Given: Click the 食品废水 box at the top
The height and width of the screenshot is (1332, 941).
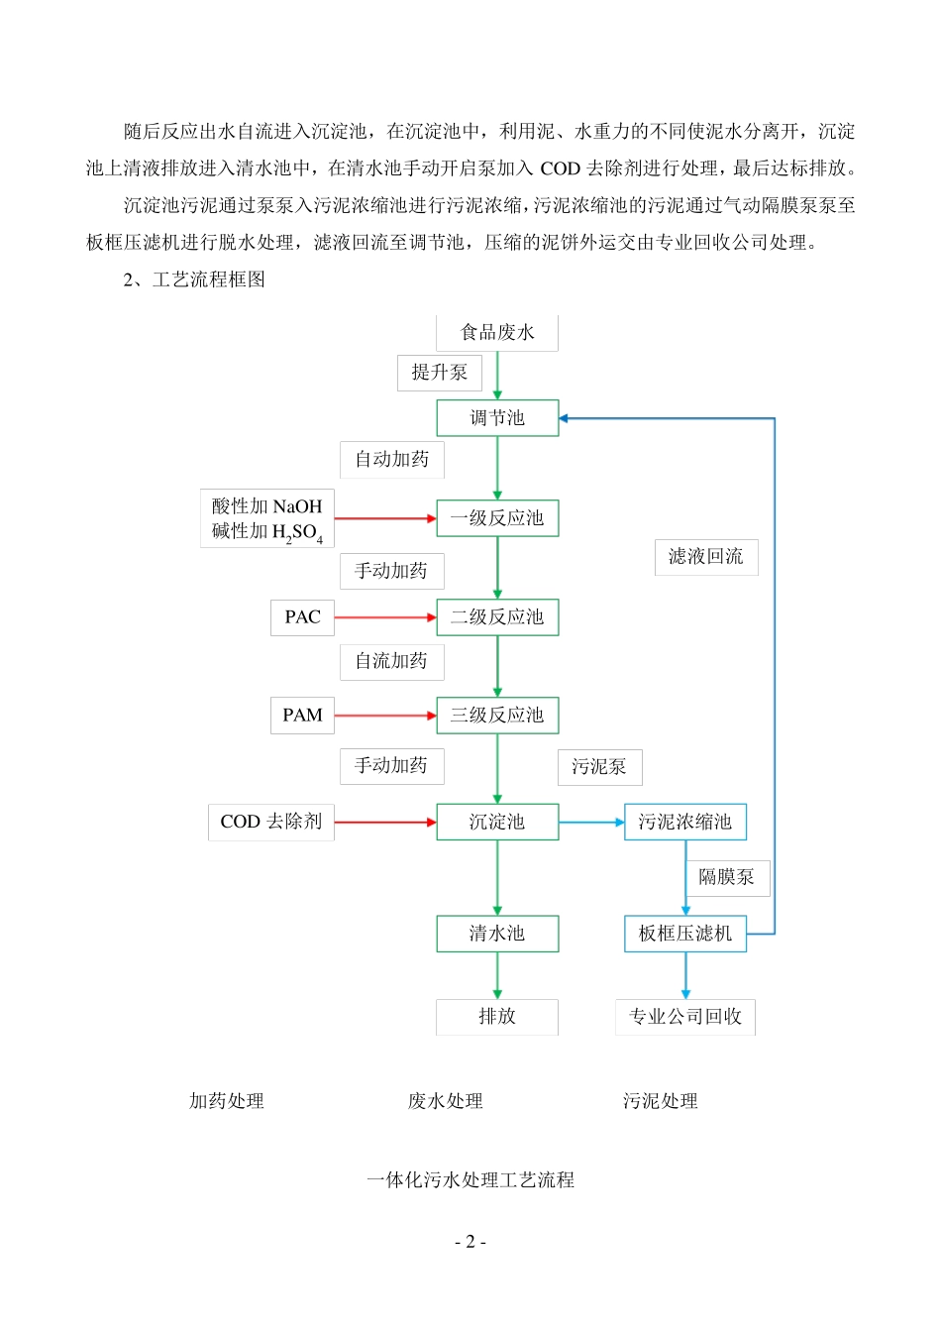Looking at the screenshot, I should coord(497,333).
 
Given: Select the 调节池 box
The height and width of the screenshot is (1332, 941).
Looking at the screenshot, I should coord(497,418).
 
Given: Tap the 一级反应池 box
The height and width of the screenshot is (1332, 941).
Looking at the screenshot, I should coord(497,518).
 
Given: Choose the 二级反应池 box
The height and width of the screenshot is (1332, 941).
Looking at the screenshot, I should coord(497,617).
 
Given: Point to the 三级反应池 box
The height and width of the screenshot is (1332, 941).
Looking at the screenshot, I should coord(497,716).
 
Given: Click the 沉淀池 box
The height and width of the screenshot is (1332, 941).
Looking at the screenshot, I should coord(497,822).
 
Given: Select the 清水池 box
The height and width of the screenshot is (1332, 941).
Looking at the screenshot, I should coord(497,934).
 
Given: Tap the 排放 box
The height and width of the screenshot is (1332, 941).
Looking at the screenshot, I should coord(497,1017).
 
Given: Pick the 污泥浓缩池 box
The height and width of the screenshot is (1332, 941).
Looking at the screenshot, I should coord(684,822).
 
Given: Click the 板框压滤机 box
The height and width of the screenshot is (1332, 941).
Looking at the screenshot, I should coord(684,934).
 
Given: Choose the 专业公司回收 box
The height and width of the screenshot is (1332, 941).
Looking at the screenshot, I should coord(685,1017).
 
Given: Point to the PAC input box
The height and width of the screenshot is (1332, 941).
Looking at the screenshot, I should coord(302,617).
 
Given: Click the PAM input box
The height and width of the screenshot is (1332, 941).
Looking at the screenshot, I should coord(302,716).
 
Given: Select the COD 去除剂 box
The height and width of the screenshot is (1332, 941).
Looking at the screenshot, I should coord(270,822).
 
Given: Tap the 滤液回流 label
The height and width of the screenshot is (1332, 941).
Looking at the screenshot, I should coord(706,557).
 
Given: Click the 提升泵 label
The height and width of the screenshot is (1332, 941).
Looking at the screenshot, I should coord(440,373).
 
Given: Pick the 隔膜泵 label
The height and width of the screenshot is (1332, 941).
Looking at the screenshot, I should coord(727,877).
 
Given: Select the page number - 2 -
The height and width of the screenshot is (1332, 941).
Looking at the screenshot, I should coord(470,1242).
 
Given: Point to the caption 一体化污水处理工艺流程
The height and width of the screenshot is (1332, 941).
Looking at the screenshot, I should coord(470,1180).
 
